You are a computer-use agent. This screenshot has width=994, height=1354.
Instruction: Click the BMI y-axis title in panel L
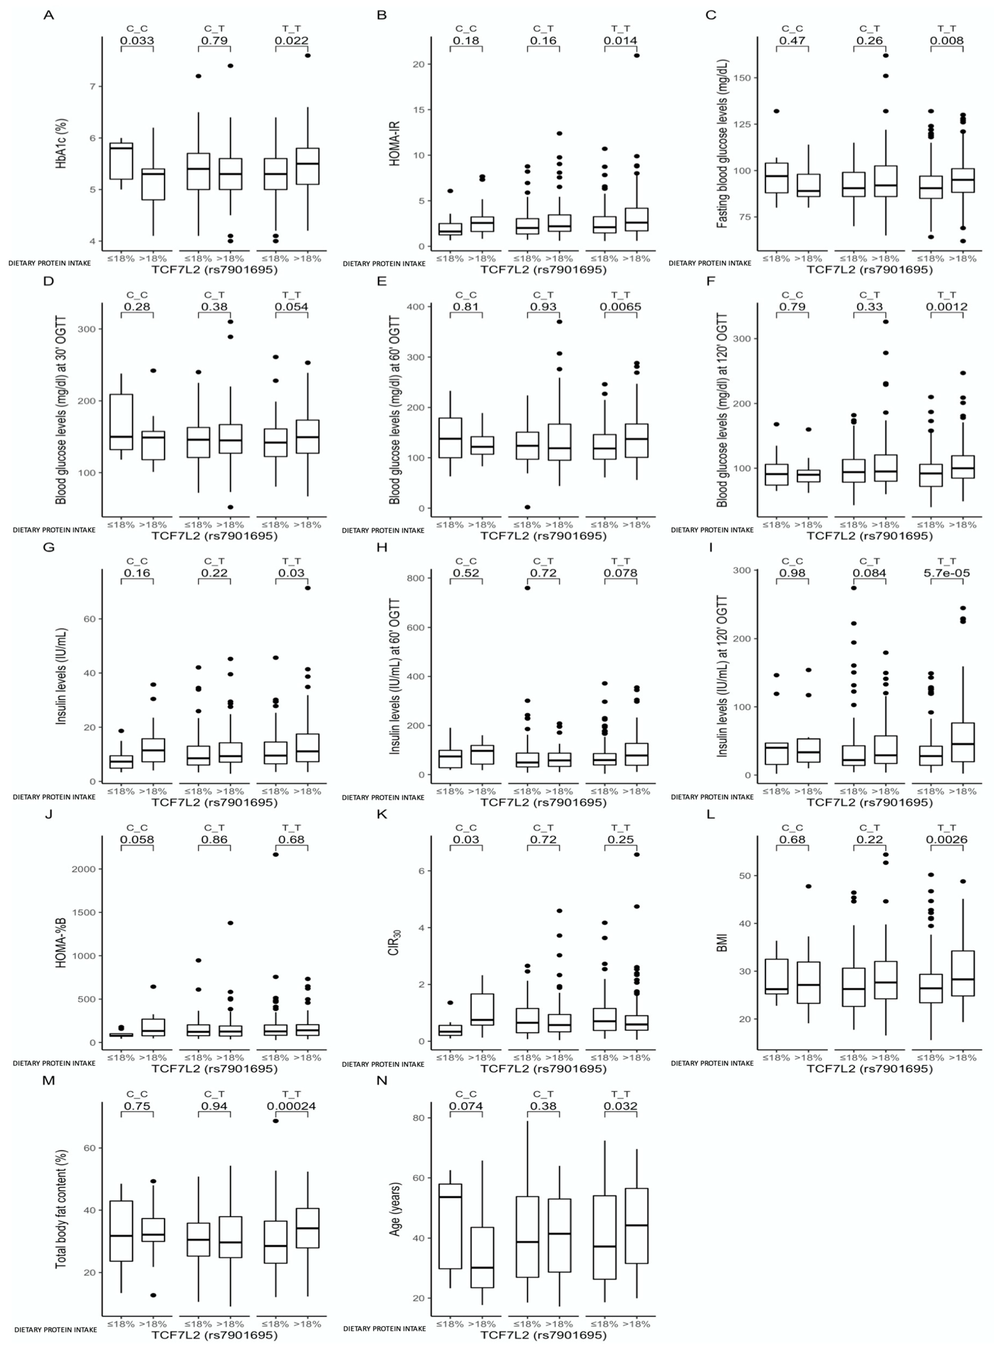point(723,943)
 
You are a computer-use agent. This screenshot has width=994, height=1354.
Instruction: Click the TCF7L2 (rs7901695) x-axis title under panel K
point(543,1069)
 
